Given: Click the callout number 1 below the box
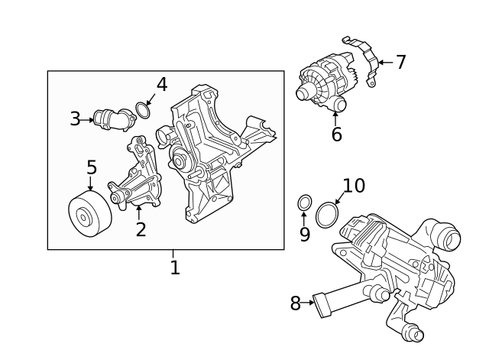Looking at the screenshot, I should [175, 268].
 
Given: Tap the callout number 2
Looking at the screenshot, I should [141, 229].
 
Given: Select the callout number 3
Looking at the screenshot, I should [75, 118].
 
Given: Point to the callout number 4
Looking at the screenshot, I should [161, 84].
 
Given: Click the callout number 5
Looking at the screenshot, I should [92, 167].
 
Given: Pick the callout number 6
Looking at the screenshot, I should [336, 135].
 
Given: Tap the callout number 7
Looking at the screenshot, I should [400, 62].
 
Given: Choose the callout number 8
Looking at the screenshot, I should [295, 303].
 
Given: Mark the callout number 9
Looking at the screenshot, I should [304, 235].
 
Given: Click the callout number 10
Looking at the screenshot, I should [354, 186].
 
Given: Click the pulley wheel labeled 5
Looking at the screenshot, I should [89, 215].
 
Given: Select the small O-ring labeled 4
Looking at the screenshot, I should [142, 112].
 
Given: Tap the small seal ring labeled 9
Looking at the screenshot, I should [303, 203].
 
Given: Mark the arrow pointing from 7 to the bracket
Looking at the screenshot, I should [385, 62].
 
